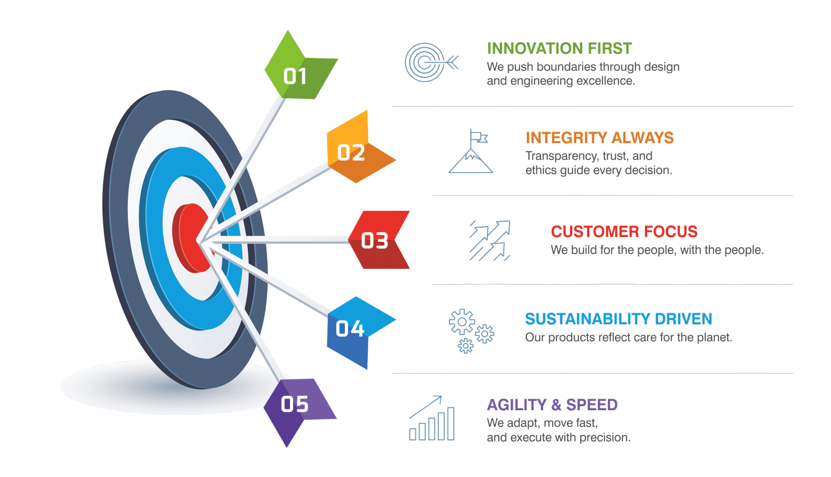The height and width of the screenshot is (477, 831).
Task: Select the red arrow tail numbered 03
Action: click(377, 240)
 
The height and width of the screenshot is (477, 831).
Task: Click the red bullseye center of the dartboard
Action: click(192, 237)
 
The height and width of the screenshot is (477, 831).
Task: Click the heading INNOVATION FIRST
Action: click(559, 49)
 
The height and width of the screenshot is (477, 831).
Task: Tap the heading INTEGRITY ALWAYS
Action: click(600, 137)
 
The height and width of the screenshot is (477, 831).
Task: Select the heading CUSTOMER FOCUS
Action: click(624, 231)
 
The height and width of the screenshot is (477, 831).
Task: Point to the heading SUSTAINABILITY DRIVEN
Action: click(618, 319)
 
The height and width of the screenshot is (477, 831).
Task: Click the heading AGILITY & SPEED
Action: click(552, 405)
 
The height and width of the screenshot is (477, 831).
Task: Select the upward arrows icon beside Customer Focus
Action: click(490, 241)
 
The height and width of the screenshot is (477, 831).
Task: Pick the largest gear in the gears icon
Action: click(462, 322)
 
